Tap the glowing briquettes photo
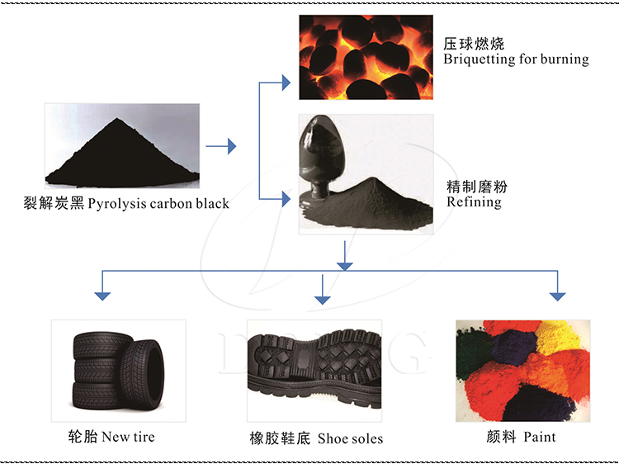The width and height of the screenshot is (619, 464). pyautogui.click(x=366, y=58)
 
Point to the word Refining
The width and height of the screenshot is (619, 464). pyautogui.click(x=474, y=201)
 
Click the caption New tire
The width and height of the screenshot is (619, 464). pyautogui.click(x=127, y=436)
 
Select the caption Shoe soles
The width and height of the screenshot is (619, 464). pyautogui.click(x=350, y=438)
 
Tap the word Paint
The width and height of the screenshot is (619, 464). pyautogui.click(x=539, y=436)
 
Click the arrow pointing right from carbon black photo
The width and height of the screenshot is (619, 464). pyautogui.click(x=220, y=147)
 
